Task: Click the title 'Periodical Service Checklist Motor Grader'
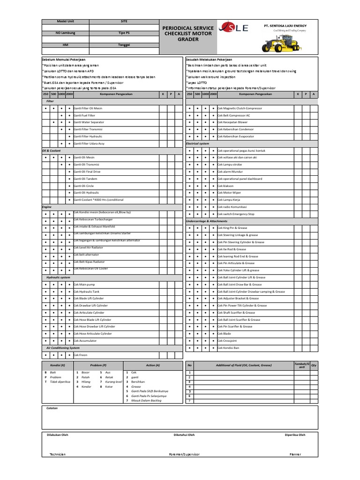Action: point(187,34)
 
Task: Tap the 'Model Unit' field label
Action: point(65,22)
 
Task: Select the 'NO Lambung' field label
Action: point(65,33)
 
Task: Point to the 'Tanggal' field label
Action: point(124,45)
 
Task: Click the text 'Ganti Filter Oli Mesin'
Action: point(88,108)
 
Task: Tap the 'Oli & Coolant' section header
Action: point(52,150)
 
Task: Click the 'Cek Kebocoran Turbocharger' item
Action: point(93,220)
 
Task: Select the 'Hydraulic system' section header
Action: point(58,277)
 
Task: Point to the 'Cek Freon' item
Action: point(81,355)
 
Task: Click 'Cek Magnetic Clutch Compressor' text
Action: point(240,108)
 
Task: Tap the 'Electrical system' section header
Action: point(197,143)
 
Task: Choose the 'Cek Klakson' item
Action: point(225,186)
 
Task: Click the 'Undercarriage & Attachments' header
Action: point(206,221)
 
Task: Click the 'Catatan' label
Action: point(52,408)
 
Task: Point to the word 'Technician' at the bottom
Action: point(58,455)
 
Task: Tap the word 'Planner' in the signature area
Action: point(295,455)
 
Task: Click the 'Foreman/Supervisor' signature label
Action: point(184,455)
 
